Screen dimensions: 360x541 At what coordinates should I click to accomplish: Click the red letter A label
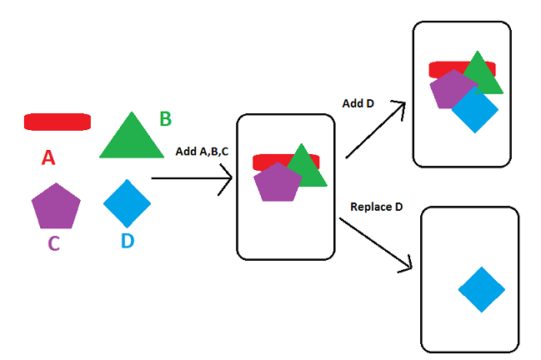click(48, 157)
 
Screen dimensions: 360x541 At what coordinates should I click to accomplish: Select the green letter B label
click(165, 119)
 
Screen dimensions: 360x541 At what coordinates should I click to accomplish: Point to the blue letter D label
click(127, 242)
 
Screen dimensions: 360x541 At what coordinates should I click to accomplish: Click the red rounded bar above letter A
click(57, 122)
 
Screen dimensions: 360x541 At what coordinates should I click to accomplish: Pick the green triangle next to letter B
click(132, 138)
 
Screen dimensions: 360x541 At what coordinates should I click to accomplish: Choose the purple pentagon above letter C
click(56, 207)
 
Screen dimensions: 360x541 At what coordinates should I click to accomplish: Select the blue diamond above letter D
click(128, 202)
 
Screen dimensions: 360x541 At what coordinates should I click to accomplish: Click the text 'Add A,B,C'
click(201, 152)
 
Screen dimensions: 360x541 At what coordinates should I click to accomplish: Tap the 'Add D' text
click(358, 102)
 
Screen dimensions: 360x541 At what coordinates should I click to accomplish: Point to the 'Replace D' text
click(377, 207)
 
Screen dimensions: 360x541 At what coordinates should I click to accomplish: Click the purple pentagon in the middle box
click(276, 182)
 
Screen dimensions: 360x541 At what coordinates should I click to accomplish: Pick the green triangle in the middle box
click(306, 168)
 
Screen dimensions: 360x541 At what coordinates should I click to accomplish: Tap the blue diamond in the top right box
click(475, 111)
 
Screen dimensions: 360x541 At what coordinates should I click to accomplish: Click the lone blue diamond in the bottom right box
click(482, 289)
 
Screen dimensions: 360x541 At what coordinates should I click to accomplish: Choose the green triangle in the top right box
click(481, 75)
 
